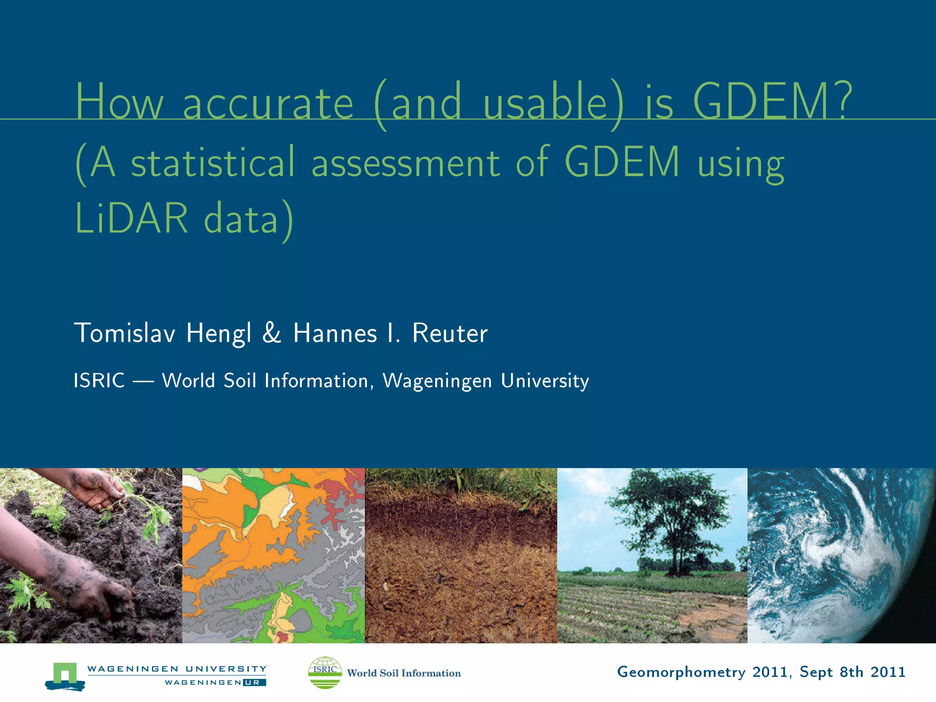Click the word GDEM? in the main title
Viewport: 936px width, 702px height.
point(772,101)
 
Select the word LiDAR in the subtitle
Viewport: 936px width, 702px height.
point(131,218)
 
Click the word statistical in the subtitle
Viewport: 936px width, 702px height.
point(213,162)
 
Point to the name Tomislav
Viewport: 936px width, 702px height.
point(125,333)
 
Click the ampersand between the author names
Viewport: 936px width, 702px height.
point(271,333)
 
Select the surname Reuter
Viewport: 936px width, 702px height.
point(450,333)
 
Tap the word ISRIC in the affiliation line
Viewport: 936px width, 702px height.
point(99,381)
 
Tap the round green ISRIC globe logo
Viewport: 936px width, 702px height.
point(325,672)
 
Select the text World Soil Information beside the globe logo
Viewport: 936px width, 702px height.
point(404,673)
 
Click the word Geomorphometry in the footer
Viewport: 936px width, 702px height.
point(681,672)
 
